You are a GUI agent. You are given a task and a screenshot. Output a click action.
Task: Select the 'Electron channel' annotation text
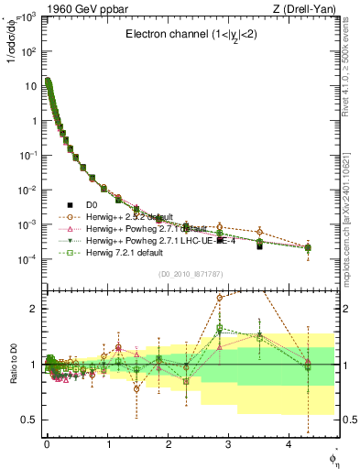click(x=189, y=35)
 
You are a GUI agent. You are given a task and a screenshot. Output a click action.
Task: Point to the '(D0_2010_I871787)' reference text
click(x=188, y=274)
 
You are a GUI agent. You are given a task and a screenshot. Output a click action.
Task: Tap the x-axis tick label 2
click(x=169, y=443)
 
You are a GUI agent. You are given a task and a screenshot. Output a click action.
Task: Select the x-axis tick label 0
click(x=47, y=443)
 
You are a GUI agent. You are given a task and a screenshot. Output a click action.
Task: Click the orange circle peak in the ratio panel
click(x=220, y=298)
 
